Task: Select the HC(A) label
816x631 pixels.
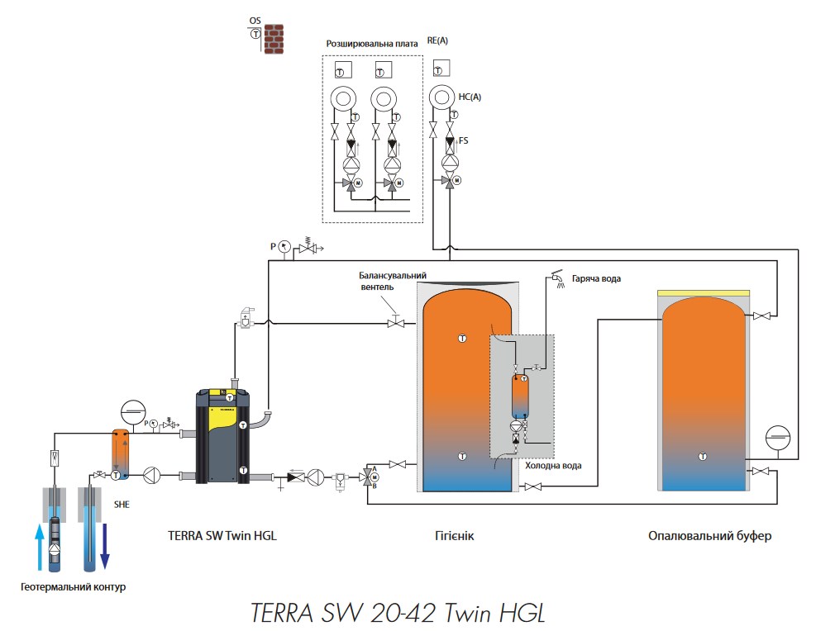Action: pos(469,97)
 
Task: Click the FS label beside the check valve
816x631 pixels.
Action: pos(464,141)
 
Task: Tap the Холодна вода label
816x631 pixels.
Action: pos(553,466)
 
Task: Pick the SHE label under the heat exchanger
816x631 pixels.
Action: pos(122,504)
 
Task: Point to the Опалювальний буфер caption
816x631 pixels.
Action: pos(710,536)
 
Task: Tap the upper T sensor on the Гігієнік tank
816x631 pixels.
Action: pos(461,338)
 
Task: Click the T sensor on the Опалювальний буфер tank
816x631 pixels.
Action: pos(702,456)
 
